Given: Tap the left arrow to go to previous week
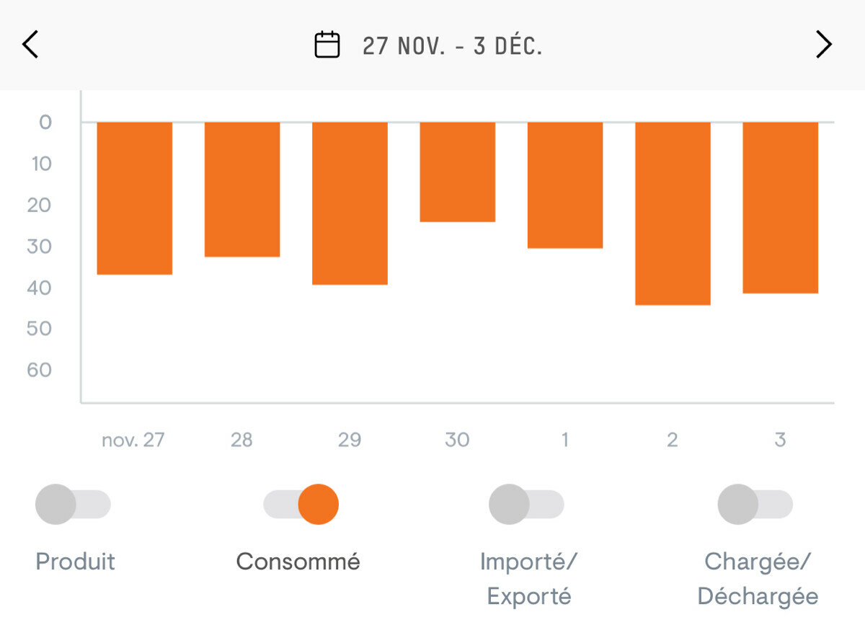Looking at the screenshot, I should coord(30,45).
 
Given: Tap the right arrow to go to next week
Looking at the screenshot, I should coord(823,45).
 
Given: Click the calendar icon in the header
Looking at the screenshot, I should coord(327,45).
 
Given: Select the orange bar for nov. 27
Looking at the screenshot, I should coord(135,198).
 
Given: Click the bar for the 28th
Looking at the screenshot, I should coord(242,190).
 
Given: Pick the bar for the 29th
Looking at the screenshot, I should coord(350,203).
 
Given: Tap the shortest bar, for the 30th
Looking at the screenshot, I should coord(458,172).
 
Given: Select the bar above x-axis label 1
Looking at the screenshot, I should coord(565,185).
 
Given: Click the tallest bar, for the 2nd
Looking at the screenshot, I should coord(673,213).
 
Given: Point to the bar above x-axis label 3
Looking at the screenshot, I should coord(781,208).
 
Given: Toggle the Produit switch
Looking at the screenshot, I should coord(73,505).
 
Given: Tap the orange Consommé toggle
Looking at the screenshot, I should coord(301,505).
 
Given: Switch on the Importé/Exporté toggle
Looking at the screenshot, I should coord(526,505).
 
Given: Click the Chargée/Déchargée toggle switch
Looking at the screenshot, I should coord(755,505).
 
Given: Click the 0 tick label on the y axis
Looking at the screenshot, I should coord(45,122).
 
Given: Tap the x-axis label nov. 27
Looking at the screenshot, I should coord(133,440).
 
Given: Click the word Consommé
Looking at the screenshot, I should coord(298,562).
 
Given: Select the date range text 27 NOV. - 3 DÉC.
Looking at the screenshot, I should coord(452,46).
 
